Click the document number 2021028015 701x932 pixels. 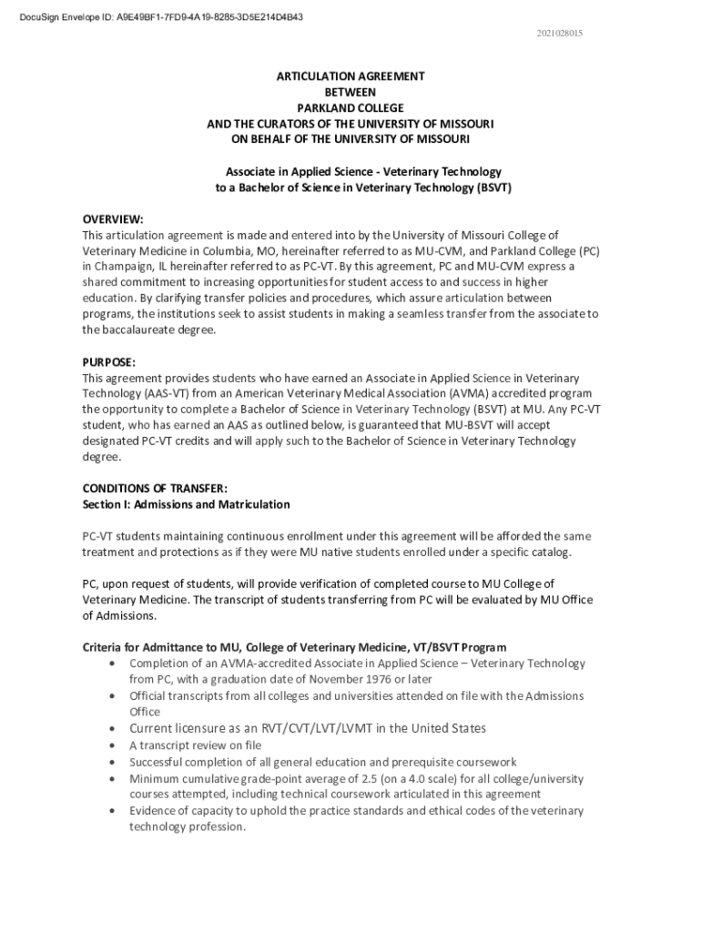(560, 34)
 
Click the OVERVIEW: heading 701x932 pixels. (113, 218)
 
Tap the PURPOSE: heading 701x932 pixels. (108, 361)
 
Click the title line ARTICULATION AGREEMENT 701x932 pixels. (350, 76)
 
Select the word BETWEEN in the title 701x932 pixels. (350, 92)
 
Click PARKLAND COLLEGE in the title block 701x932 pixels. (350, 107)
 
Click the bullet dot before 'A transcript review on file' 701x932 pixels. (111, 745)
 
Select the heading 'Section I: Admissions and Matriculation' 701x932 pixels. (186, 504)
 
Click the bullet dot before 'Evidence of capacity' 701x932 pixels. (111, 810)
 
